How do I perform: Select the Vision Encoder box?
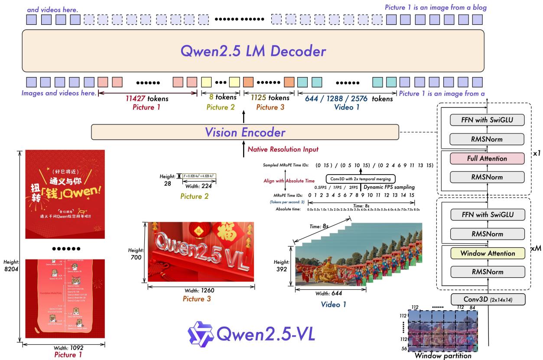coord(244,132)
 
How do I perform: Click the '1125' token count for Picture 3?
coord(259,99)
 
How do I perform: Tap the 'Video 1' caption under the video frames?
coord(334,305)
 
